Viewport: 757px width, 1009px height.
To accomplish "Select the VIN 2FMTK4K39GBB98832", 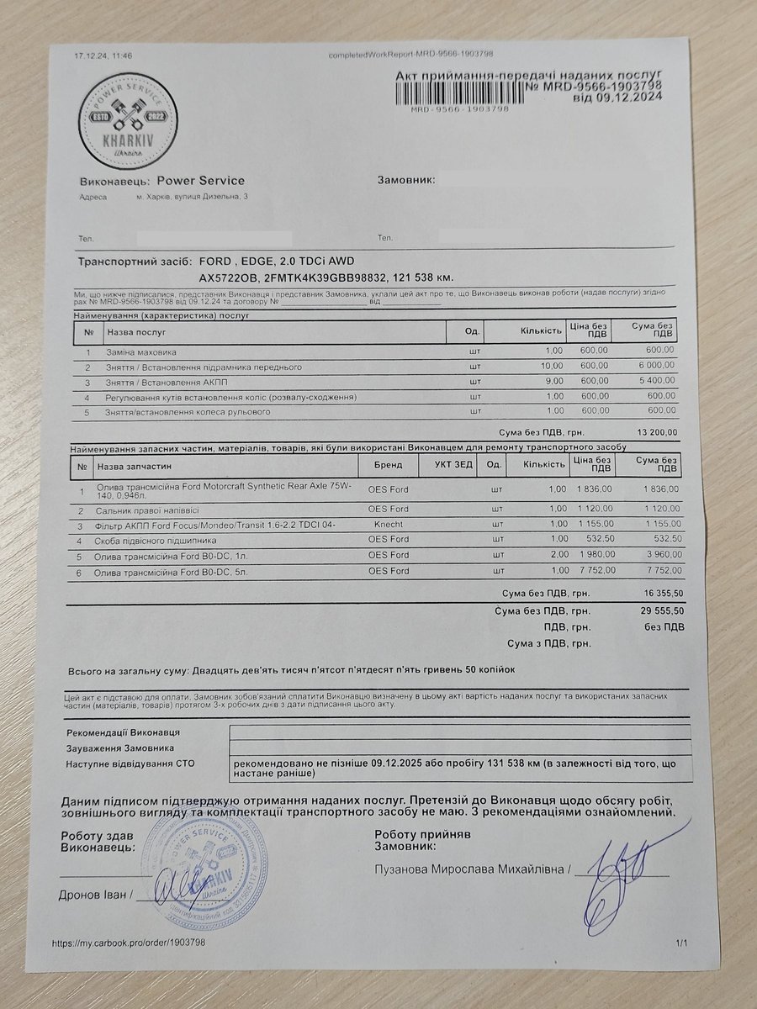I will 326,276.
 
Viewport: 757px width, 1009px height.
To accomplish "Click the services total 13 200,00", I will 658,432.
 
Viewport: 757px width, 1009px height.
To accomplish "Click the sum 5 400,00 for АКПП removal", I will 656,382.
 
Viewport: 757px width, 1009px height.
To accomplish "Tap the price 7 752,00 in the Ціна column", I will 595,571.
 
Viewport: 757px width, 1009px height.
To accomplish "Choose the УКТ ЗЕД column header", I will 454,464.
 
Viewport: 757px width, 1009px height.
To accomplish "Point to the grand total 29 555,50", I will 660,611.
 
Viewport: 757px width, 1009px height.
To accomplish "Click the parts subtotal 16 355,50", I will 660,594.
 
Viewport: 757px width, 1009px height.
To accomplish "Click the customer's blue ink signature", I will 618,874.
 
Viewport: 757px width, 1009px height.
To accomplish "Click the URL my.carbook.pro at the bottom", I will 128,943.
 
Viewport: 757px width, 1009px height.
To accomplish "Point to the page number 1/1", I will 680,944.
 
